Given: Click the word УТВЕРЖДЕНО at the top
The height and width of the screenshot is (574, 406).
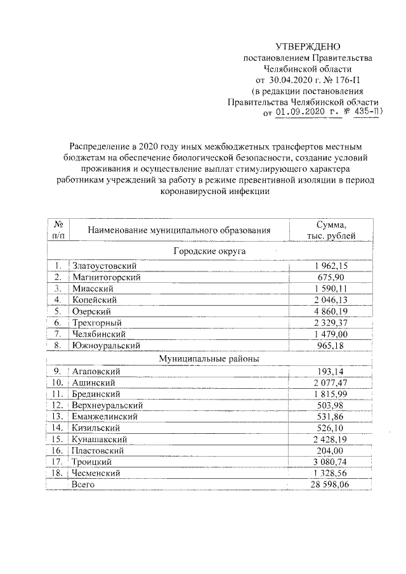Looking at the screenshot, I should pos(308,47).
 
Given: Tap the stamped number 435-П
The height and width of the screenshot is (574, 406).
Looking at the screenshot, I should pos(366,113).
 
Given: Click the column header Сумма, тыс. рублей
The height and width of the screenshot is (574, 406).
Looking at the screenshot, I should pos(331,230).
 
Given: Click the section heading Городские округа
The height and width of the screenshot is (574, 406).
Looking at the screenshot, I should pos(209,251).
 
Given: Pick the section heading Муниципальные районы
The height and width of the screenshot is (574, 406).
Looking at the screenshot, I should pos(209,358).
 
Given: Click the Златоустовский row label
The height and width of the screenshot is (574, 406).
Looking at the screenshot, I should pos(103,266).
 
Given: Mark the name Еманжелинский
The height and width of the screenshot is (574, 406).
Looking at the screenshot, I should pos(104,416).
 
